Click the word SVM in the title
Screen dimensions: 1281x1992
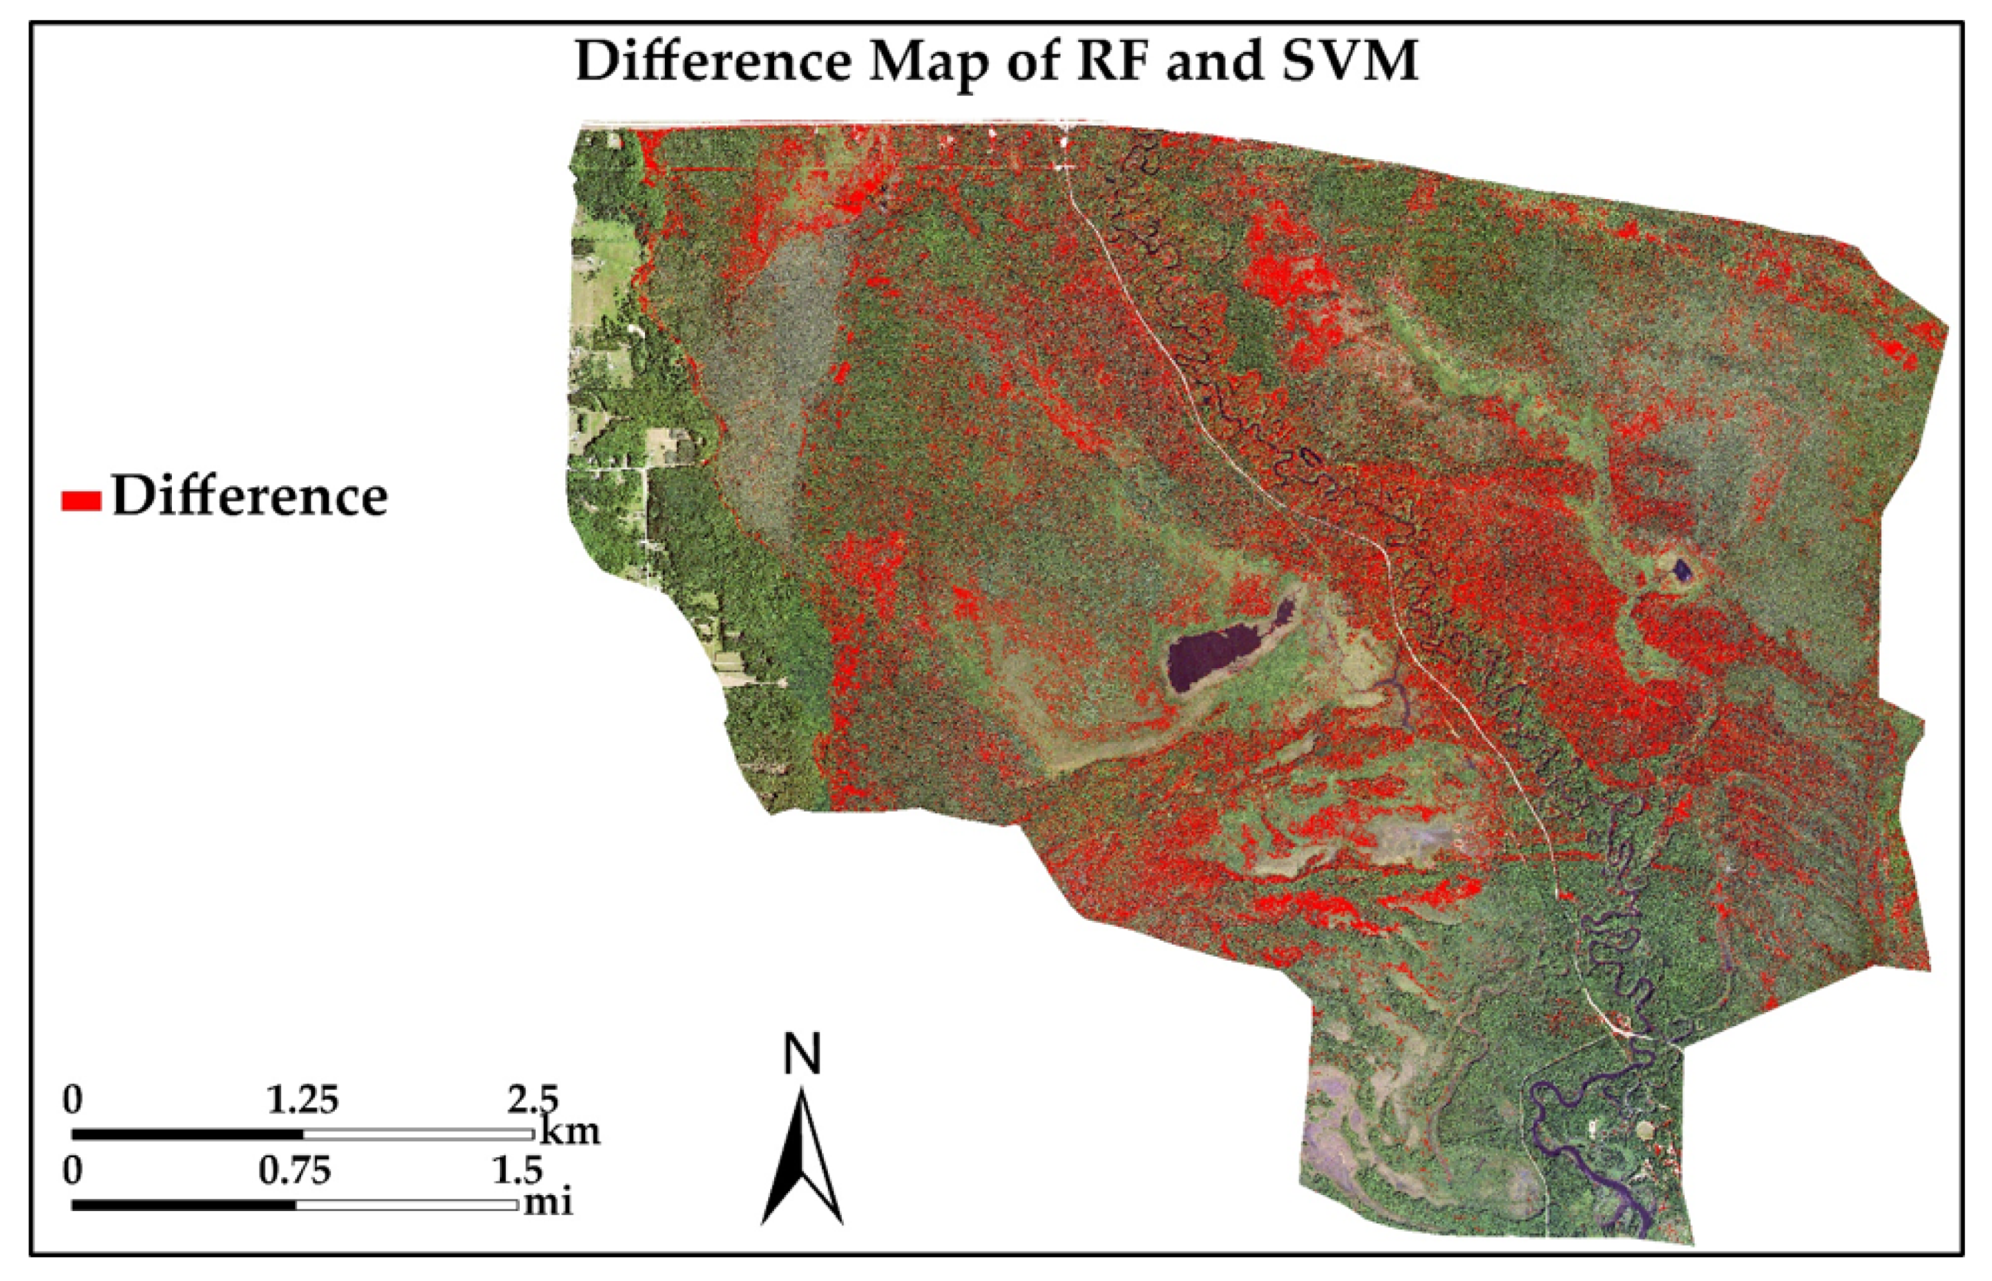1349,61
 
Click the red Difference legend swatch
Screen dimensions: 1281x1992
81,500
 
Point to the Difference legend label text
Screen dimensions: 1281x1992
250,497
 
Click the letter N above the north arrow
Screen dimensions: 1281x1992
802,1054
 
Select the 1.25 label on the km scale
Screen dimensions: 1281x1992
302,1100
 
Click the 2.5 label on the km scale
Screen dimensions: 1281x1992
532,1100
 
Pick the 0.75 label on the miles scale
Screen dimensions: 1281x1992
294,1171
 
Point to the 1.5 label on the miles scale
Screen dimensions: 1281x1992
518,1171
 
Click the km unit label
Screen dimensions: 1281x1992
571,1131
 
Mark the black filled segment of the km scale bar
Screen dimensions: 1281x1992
187,1134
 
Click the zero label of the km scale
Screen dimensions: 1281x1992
73,1100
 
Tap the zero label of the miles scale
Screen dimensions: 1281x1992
73,1171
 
